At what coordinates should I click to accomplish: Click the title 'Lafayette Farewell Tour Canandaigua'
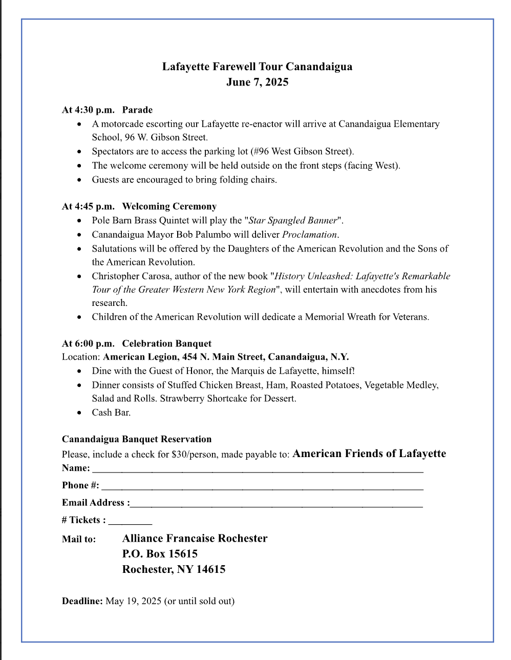[257, 67]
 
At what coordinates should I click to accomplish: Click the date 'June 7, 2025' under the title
[257, 82]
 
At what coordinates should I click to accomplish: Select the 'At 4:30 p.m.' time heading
[88, 110]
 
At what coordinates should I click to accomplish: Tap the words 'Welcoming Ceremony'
[169, 207]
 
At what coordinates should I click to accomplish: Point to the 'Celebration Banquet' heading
[166, 343]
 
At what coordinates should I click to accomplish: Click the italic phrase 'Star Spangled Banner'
[293, 220]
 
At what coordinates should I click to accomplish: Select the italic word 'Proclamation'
[310, 235]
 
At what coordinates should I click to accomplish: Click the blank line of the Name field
[258, 469]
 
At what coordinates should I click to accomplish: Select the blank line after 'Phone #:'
[262, 487]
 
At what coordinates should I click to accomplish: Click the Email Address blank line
[276, 504]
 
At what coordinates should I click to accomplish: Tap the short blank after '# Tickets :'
[130, 522]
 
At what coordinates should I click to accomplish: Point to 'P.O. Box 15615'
[160, 553]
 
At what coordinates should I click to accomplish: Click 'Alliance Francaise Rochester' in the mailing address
[195, 538]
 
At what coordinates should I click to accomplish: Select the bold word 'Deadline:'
[82, 601]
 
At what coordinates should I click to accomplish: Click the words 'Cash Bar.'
[111, 412]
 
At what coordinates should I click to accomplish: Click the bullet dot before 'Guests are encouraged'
[79, 180]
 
